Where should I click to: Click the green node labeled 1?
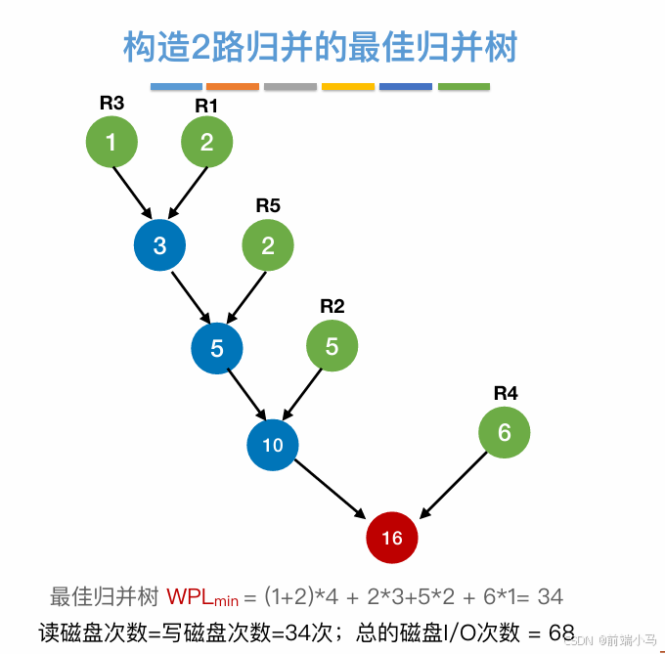click(x=111, y=143)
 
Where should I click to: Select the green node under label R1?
click(x=206, y=143)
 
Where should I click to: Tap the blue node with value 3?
click(x=159, y=245)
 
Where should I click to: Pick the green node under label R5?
click(x=268, y=245)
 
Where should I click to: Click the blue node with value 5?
click(x=217, y=348)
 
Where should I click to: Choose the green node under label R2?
click(x=332, y=346)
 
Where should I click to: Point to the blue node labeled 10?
click(x=273, y=445)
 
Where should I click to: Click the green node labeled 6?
click(x=505, y=432)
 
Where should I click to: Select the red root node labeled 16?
click(x=391, y=538)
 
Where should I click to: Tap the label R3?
click(x=111, y=101)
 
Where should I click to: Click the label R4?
click(x=506, y=393)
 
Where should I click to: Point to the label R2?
click(x=332, y=306)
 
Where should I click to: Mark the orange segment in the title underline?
click(x=233, y=87)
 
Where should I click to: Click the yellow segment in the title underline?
click(x=348, y=87)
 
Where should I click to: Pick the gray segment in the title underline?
click(x=290, y=87)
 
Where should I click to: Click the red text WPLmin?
click(x=202, y=596)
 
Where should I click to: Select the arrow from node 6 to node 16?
click(x=455, y=484)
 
